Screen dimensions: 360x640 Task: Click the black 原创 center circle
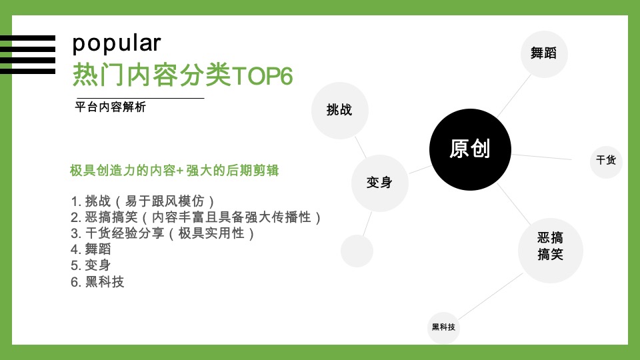click(x=469, y=149)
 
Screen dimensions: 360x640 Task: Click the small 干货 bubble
click(x=606, y=161)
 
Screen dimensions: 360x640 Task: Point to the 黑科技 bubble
click(x=443, y=327)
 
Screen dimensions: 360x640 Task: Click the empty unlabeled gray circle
click(x=357, y=251)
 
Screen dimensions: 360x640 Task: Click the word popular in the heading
click(x=117, y=43)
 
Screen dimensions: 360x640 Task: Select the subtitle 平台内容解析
click(x=110, y=107)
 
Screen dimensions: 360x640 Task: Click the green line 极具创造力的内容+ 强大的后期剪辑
click(x=174, y=171)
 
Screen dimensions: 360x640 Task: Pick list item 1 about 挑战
click(x=143, y=201)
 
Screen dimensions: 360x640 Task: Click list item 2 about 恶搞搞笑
click(x=196, y=217)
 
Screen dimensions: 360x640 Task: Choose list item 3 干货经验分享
click(x=163, y=233)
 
